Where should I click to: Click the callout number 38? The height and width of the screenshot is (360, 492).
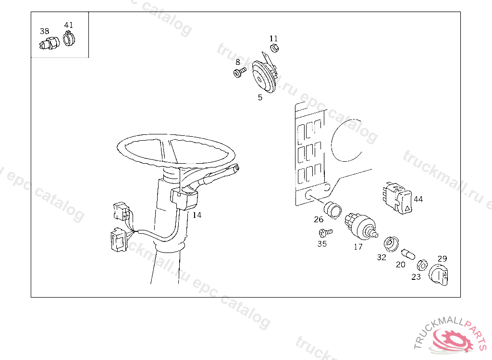tap(45, 31)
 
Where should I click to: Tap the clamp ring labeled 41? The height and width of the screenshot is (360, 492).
tap(69, 39)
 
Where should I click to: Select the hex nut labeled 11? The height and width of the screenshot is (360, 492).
tap(274, 48)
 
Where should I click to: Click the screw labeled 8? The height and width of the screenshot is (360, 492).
tap(240, 72)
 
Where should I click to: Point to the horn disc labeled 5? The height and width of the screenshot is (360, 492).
tap(265, 76)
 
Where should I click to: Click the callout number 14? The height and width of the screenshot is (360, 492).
tap(197, 215)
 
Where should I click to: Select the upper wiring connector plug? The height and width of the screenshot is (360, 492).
tap(122, 211)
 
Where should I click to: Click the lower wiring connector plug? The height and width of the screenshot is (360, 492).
tap(119, 240)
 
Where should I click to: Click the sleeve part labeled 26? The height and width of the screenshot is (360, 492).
tap(332, 210)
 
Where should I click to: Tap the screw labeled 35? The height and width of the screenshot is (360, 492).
tap(325, 233)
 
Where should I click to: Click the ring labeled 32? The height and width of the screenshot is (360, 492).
tap(391, 244)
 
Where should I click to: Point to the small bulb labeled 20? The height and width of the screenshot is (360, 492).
tap(408, 254)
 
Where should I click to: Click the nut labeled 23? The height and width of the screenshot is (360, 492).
tap(422, 265)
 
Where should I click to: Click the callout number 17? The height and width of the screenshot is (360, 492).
tap(358, 247)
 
